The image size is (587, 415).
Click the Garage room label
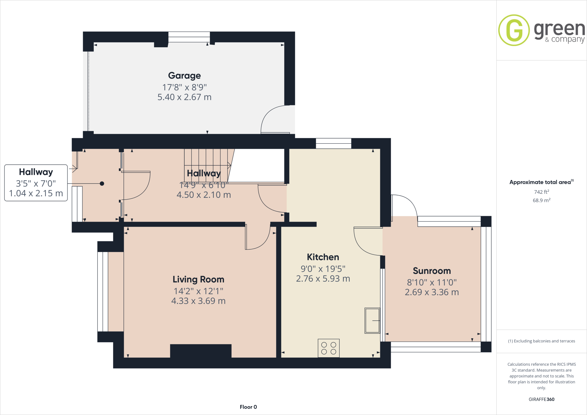click(184, 76)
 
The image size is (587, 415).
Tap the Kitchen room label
click(323, 257)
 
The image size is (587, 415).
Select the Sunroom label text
click(432, 271)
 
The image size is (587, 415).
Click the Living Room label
click(198, 279)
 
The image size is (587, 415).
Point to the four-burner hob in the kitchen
click(328, 348)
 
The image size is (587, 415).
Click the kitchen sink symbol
click(372, 320)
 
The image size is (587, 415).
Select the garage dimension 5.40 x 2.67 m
click(184, 97)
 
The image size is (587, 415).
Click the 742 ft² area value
click(541, 192)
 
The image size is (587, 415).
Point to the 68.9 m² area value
click(541, 200)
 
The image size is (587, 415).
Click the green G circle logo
click(514, 30)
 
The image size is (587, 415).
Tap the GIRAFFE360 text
click(541, 399)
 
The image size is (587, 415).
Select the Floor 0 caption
click(248, 407)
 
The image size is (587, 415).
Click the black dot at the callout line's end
click(102, 183)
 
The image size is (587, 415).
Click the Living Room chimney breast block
click(201, 351)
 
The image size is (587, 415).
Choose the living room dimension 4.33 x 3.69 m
click(198, 301)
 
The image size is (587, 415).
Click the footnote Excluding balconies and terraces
click(541, 341)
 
